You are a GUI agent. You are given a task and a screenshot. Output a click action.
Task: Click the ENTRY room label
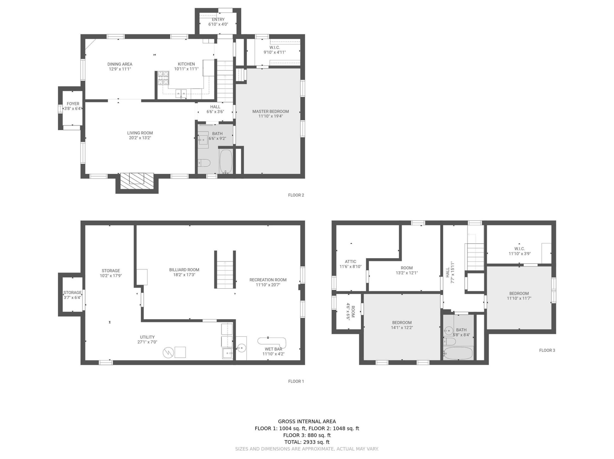218,19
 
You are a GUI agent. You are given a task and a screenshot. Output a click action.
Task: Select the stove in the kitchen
163,78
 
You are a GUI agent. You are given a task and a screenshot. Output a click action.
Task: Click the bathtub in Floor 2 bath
226,162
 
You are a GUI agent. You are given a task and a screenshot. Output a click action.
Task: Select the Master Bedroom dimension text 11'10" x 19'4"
270,116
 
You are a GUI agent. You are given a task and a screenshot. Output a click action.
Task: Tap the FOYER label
73,103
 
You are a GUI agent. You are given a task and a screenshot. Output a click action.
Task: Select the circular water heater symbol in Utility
168,352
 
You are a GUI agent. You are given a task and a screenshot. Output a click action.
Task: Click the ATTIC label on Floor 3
350,261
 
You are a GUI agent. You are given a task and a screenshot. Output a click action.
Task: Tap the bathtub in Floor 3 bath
458,353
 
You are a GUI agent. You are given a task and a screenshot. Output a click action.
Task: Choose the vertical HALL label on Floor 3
447,272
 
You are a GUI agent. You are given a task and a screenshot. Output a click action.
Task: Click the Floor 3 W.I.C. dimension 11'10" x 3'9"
519,253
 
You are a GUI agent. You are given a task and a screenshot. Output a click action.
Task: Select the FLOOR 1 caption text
296,381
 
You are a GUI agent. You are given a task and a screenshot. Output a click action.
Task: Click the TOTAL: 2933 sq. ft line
307,442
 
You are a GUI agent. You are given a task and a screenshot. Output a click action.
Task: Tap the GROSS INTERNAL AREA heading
307,421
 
